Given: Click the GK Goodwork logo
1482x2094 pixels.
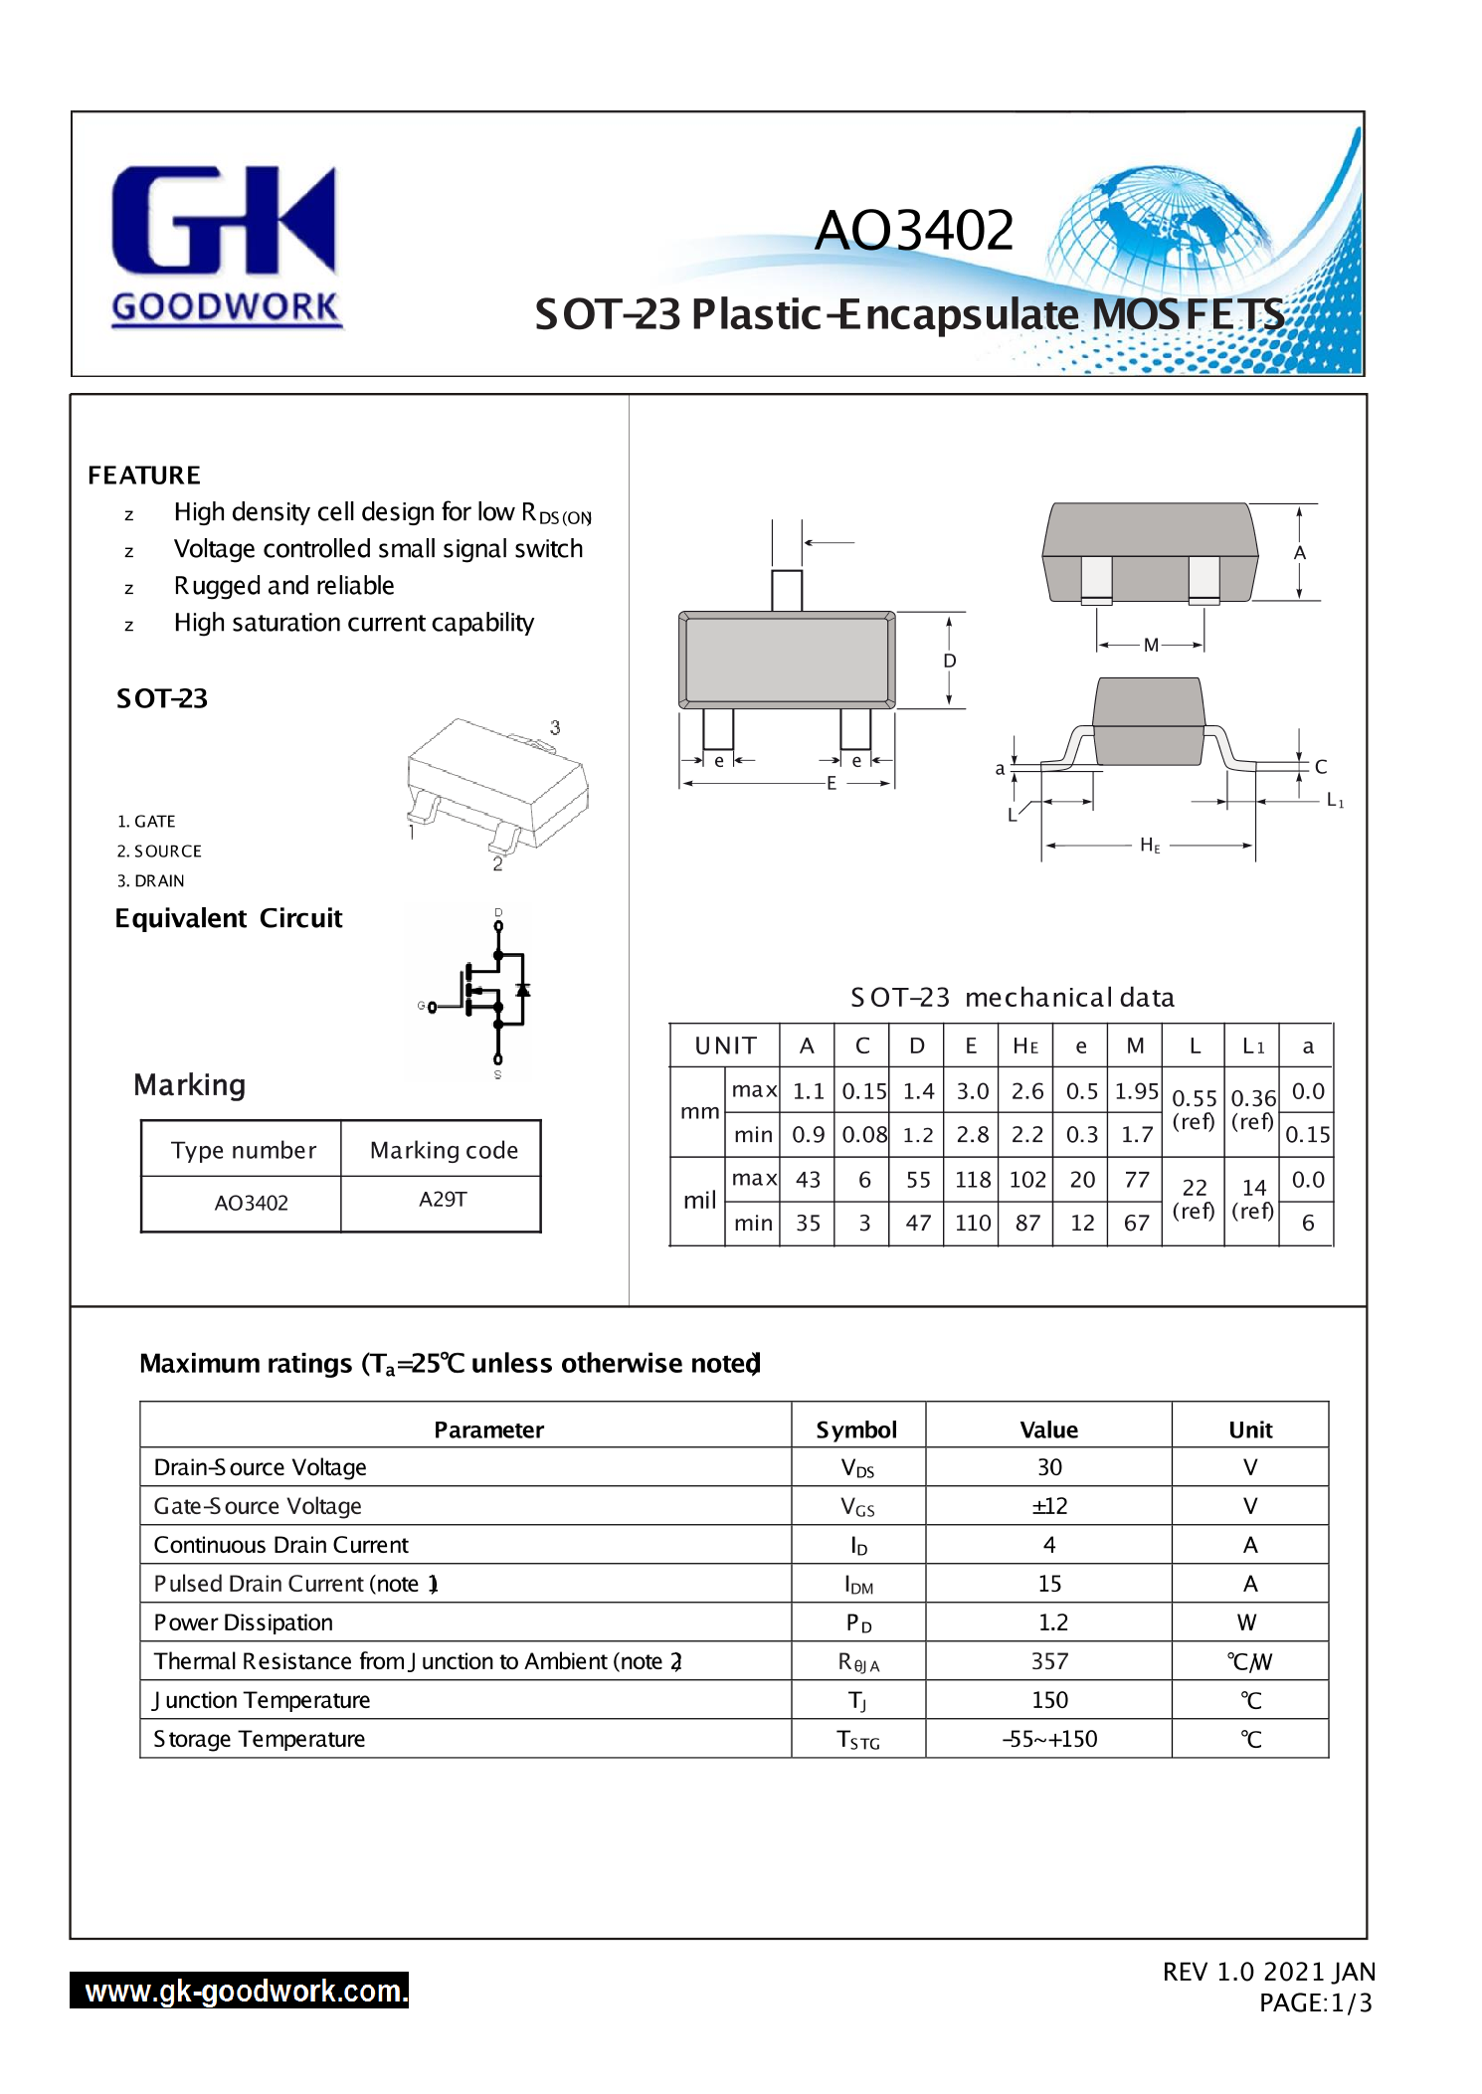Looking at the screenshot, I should tap(225, 245).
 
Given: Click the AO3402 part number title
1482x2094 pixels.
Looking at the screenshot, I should tap(913, 230).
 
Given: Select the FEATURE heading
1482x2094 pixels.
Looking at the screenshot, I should tap(144, 476).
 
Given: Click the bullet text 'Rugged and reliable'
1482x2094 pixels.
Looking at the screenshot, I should tap(283, 586).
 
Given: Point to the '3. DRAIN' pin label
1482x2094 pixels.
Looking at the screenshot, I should tap(151, 880).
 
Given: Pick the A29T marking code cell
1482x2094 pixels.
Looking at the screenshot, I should tap(443, 1200).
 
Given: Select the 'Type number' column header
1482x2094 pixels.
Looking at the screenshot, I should tap(243, 1150).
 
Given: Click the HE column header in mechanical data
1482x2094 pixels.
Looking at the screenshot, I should tap(1025, 1046).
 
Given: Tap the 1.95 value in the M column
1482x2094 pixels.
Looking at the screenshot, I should tap(1136, 1091).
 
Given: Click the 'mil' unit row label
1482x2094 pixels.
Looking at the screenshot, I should tap(699, 1201).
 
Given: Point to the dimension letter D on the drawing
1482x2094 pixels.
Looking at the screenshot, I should tap(950, 661).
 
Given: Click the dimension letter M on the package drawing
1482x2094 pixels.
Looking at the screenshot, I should tap(1151, 645).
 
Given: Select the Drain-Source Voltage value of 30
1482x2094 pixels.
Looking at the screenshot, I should tap(1049, 1467).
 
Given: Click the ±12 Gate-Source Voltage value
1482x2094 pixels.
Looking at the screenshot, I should tap(1049, 1506).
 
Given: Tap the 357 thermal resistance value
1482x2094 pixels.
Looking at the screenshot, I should tap(1049, 1661).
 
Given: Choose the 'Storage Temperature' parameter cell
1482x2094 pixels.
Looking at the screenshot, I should tap(260, 1739).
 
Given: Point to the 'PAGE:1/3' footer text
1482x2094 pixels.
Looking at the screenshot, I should tap(1315, 2002).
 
